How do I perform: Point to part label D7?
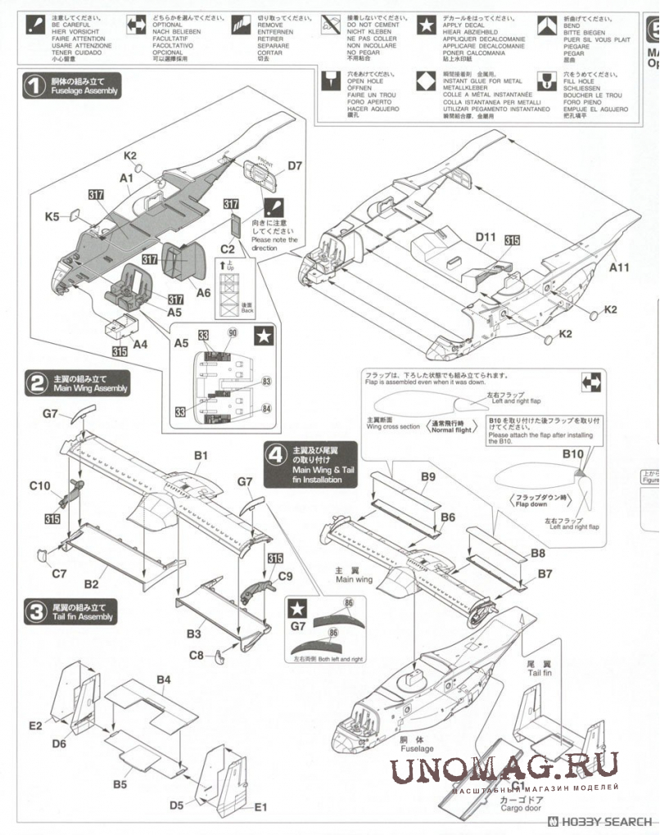tap(295, 166)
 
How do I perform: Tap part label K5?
tap(52, 217)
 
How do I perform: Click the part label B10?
tap(572, 453)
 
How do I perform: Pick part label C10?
tap(40, 485)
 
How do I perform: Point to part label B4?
tap(164, 679)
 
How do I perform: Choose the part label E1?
tap(261, 806)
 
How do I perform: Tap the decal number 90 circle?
tap(233, 333)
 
